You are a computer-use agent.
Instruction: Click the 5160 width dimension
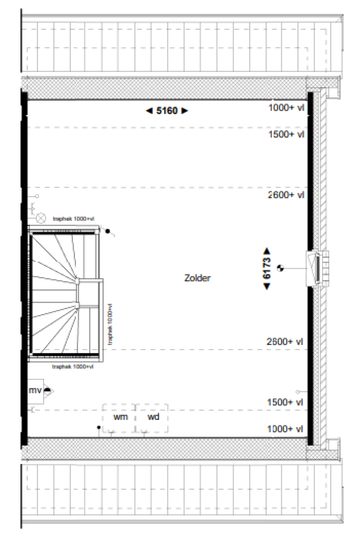coord(167,111)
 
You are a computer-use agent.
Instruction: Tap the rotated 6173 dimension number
coord(267,268)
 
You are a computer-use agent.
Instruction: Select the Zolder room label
coord(197,278)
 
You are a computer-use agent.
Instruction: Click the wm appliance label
coord(120,417)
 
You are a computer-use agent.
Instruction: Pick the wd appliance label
coord(153,417)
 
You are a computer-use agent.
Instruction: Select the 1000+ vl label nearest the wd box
coord(285,429)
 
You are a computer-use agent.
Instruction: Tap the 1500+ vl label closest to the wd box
coord(285,402)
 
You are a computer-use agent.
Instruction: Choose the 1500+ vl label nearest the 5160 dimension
coord(286,135)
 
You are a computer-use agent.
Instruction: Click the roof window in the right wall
coord(317,268)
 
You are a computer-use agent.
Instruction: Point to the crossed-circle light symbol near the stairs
coord(41,217)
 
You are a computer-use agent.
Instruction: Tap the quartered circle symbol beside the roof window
coord(281,268)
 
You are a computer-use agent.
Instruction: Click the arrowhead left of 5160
coord(149,111)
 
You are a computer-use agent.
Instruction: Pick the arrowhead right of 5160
coord(185,111)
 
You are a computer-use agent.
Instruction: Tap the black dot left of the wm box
coord(98,428)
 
